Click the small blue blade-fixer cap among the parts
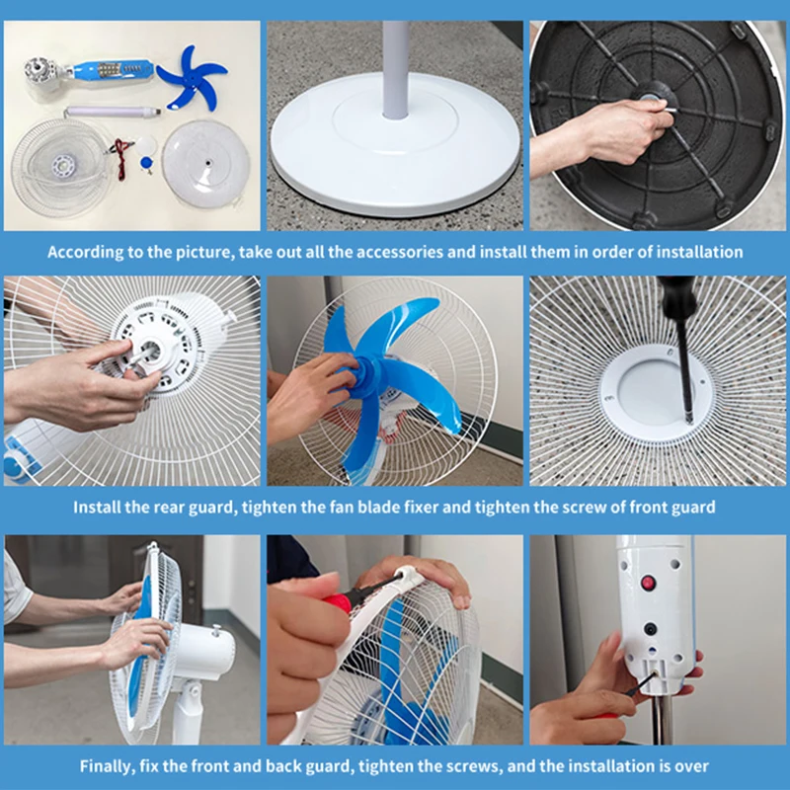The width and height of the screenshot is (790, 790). (148, 154)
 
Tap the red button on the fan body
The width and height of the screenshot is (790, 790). (648, 583)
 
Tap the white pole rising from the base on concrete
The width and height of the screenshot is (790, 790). (395, 69)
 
